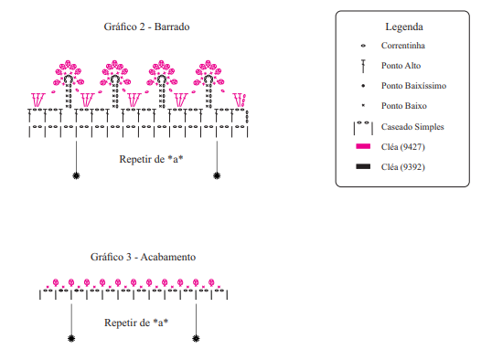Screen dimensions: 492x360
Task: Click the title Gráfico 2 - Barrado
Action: click(146, 26)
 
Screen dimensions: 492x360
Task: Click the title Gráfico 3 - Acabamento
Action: click(143, 257)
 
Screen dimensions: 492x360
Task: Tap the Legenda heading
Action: click(404, 27)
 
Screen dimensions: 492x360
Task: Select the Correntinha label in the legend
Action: click(403, 46)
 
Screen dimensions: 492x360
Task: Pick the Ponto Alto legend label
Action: click(401, 66)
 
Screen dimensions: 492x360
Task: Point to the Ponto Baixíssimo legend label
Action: click(413, 86)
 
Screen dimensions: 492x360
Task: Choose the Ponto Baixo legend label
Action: click(404, 106)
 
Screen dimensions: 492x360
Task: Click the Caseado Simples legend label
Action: click(412, 127)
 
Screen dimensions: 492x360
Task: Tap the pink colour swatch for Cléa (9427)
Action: click(363, 146)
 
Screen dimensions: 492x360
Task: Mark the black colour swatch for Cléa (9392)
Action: click(363, 166)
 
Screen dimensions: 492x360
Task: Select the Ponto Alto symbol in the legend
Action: click(363, 66)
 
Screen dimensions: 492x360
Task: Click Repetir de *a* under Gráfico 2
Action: click(151, 159)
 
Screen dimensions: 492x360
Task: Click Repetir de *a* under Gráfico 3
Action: click(136, 323)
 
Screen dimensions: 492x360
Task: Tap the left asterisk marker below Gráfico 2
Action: click(76, 175)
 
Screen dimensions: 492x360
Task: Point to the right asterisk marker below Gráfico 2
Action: click(217, 175)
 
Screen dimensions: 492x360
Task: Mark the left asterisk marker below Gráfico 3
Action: click(71, 339)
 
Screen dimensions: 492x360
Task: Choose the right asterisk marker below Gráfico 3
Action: click(196, 339)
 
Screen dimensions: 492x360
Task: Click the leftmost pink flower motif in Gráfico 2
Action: click(68, 73)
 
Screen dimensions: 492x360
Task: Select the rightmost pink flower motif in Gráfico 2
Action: click(209, 73)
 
